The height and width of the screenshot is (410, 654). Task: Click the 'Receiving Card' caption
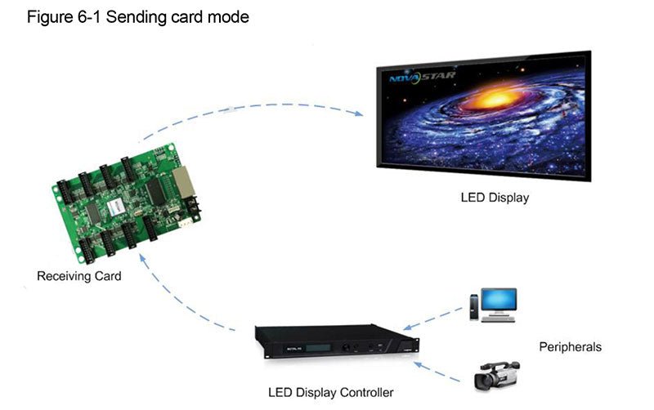[78, 276]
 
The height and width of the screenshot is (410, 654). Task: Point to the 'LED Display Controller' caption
[330, 392]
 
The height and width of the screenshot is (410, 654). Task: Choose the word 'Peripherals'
[570, 347]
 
